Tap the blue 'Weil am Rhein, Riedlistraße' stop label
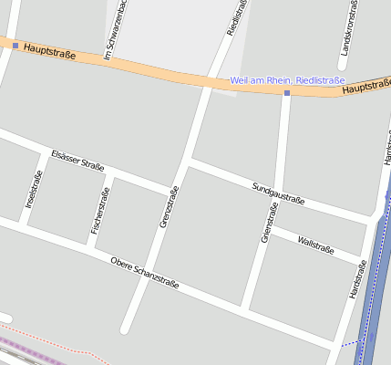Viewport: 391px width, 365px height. click(281, 80)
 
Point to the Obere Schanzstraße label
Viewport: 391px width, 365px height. click(144, 274)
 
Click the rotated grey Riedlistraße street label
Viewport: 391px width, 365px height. click(237, 18)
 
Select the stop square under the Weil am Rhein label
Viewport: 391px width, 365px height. click(286, 93)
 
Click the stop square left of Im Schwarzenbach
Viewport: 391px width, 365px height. click(15, 45)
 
